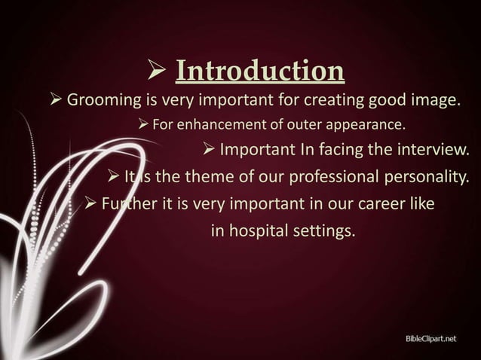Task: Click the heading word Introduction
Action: click(x=260, y=72)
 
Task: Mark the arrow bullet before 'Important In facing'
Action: click(x=209, y=150)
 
